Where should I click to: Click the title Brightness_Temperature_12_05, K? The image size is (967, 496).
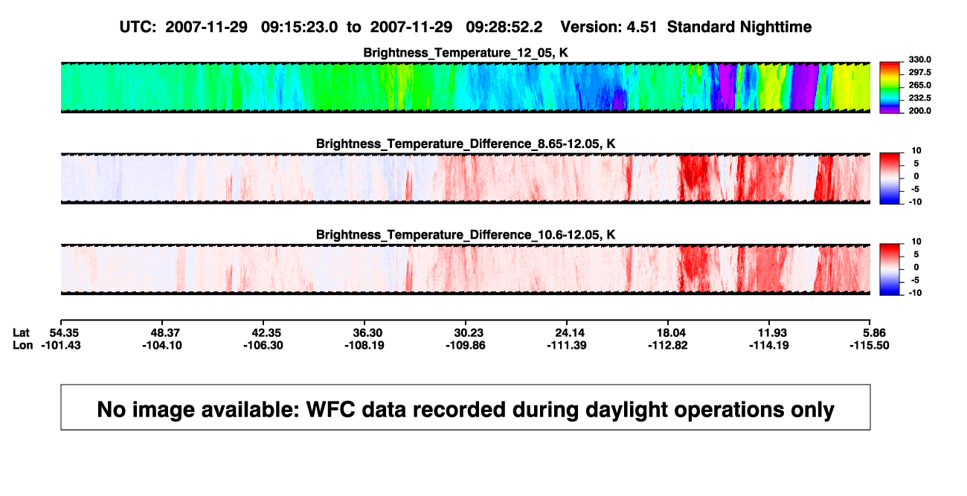pos(466,53)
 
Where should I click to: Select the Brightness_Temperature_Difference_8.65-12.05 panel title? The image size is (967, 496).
pos(466,144)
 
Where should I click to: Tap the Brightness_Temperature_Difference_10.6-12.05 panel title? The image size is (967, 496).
pos(466,235)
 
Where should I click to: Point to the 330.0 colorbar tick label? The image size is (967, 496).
pos(919,59)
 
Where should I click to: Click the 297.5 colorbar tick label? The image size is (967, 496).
pos(919,72)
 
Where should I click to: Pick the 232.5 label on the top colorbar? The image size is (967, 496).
pos(919,98)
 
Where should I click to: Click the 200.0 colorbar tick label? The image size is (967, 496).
pos(919,111)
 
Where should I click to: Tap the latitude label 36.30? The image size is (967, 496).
pos(367,333)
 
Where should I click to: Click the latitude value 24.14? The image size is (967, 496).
pos(570,333)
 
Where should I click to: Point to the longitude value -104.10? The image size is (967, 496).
pos(162,345)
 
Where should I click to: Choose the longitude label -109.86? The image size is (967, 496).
pos(466,345)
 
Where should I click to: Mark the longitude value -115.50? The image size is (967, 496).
pos(869,345)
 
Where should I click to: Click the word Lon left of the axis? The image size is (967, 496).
pos(23,345)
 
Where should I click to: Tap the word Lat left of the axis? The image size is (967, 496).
pos(21,333)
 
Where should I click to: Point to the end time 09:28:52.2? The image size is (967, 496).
pos(504,27)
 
